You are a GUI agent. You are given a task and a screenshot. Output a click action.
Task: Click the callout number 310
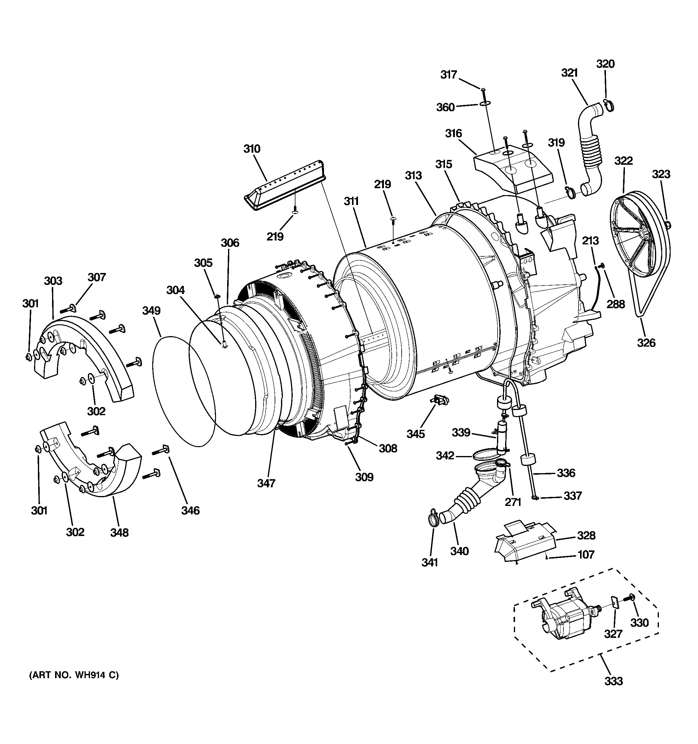(252, 149)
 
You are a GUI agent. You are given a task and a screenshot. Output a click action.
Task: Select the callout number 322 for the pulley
(623, 161)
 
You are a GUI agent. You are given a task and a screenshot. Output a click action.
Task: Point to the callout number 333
(613, 681)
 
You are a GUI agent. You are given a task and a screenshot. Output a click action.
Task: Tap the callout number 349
(151, 311)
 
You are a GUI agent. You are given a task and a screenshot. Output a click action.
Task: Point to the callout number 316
(453, 133)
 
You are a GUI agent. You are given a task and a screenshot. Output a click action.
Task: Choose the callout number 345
(415, 434)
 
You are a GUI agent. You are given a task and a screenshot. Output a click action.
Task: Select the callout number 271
(513, 502)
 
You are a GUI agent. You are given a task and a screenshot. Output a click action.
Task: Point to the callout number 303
(53, 281)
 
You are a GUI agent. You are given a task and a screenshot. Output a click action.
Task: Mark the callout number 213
(590, 241)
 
